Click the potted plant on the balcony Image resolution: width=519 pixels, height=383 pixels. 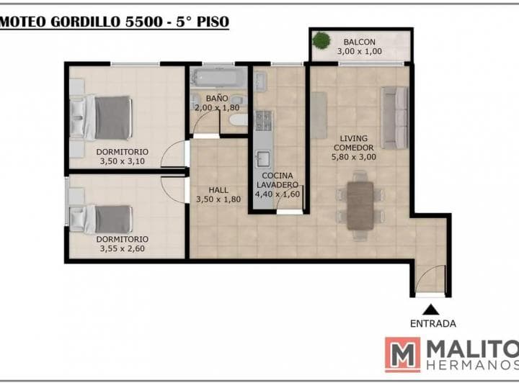point(321,40)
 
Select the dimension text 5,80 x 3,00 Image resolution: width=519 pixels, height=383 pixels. point(353,157)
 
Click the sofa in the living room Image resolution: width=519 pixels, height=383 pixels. point(394,118)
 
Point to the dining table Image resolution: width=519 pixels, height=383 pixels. point(360,206)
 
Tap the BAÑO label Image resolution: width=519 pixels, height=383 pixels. point(217,98)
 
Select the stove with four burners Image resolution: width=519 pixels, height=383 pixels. point(264,121)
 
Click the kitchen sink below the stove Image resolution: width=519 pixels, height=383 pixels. point(264,159)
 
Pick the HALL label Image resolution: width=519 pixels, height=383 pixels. point(218,190)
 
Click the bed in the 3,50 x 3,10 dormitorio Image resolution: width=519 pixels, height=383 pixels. point(101,118)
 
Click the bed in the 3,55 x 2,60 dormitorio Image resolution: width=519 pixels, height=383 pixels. point(101,220)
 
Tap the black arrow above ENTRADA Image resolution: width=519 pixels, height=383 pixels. point(430,310)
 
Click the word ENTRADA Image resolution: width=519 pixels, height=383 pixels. point(433,323)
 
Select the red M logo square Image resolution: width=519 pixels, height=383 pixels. point(402,355)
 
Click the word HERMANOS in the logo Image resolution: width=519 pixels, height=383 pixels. point(473,365)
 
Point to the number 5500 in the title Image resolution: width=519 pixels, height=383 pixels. point(144,22)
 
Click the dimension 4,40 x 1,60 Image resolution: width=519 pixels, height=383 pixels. point(278,194)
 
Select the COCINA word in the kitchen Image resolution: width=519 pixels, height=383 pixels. point(278,176)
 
